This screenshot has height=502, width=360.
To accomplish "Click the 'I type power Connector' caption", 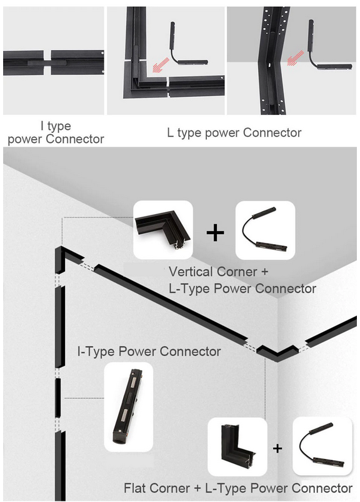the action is (56, 132).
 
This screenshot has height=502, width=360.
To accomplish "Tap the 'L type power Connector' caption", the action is (234, 132).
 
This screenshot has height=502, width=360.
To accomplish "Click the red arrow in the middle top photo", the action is (160, 65).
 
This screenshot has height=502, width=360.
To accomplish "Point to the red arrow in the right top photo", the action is (295, 58).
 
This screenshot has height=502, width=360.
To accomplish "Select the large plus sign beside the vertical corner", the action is (215, 232).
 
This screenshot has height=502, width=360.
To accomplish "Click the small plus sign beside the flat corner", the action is (277, 448).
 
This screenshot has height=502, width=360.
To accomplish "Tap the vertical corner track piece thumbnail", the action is (163, 230).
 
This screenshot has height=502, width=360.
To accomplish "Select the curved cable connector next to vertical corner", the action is (266, 230).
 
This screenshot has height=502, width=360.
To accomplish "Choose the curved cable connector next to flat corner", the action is (322, 446).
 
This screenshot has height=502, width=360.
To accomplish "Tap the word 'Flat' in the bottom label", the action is (135, 488).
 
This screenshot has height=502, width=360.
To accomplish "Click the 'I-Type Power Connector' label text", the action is (149, 351).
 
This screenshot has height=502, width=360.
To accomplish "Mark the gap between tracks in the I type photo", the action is (47, 62).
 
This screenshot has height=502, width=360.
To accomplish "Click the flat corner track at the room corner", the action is (278, 353).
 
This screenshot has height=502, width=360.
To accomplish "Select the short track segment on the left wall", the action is (58, 398).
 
